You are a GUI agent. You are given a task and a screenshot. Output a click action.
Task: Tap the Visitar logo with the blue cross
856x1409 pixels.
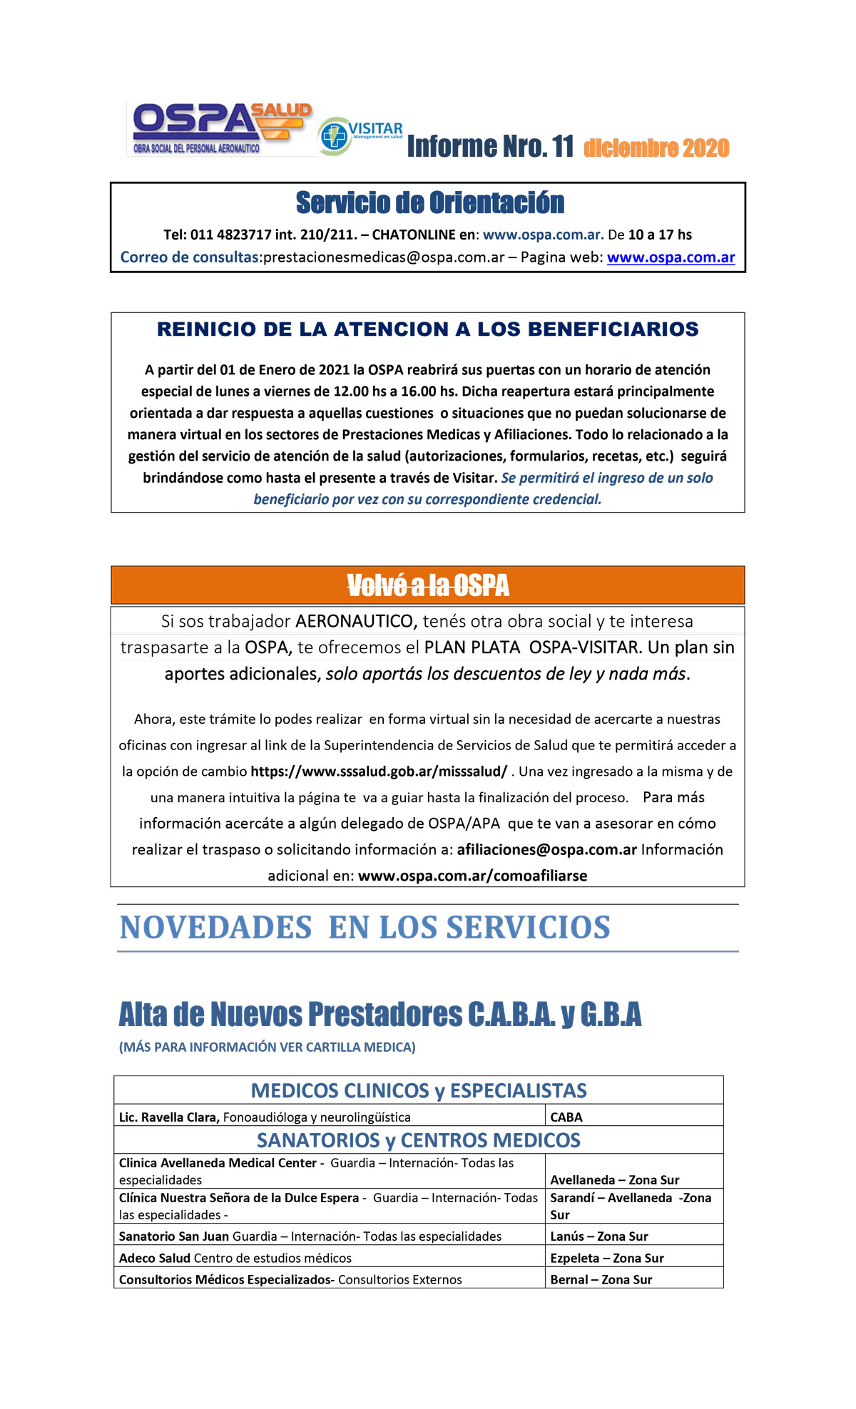click(360, 135)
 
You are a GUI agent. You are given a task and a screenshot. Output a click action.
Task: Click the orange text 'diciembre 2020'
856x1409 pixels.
click(656, 148)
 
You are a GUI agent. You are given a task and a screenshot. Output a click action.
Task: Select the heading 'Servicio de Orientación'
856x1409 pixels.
click(429, 203)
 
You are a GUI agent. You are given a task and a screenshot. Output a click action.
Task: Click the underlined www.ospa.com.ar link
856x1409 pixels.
click(671, 257)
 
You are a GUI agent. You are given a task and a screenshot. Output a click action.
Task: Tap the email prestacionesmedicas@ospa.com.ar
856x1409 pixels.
click(384, 257)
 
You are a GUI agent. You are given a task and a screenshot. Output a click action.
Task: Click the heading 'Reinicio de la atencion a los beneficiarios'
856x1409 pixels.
click(428, 329)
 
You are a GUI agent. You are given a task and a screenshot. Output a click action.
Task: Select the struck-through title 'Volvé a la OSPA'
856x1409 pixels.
click(428, 586)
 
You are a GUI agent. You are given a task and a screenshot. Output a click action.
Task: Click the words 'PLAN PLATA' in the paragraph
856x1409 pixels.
click(472, 647)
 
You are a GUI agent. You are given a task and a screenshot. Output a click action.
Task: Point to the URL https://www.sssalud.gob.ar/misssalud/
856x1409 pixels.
click(379, 772)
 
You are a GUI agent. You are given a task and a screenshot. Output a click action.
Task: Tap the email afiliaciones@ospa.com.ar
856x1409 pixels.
click(546, 850)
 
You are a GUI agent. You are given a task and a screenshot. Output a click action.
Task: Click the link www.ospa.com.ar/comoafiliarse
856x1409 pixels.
click(472, 876)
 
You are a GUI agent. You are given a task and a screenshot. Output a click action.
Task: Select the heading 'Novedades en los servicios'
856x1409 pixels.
click(365, 928)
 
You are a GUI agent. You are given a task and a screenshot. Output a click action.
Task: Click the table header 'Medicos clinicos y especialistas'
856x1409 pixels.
click(419, 1090)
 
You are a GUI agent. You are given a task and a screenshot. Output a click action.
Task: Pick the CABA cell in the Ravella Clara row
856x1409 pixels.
click(566, 1117)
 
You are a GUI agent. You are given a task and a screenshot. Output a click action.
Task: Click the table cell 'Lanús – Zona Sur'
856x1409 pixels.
click(599, 1236)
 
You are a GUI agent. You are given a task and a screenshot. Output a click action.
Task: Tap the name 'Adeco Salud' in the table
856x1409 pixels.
click(155, 1258)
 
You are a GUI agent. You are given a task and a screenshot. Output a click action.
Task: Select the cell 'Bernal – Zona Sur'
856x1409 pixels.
click(601, 1280)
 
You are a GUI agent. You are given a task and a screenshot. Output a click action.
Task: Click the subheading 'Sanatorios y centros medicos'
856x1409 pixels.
click(419, 1140)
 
